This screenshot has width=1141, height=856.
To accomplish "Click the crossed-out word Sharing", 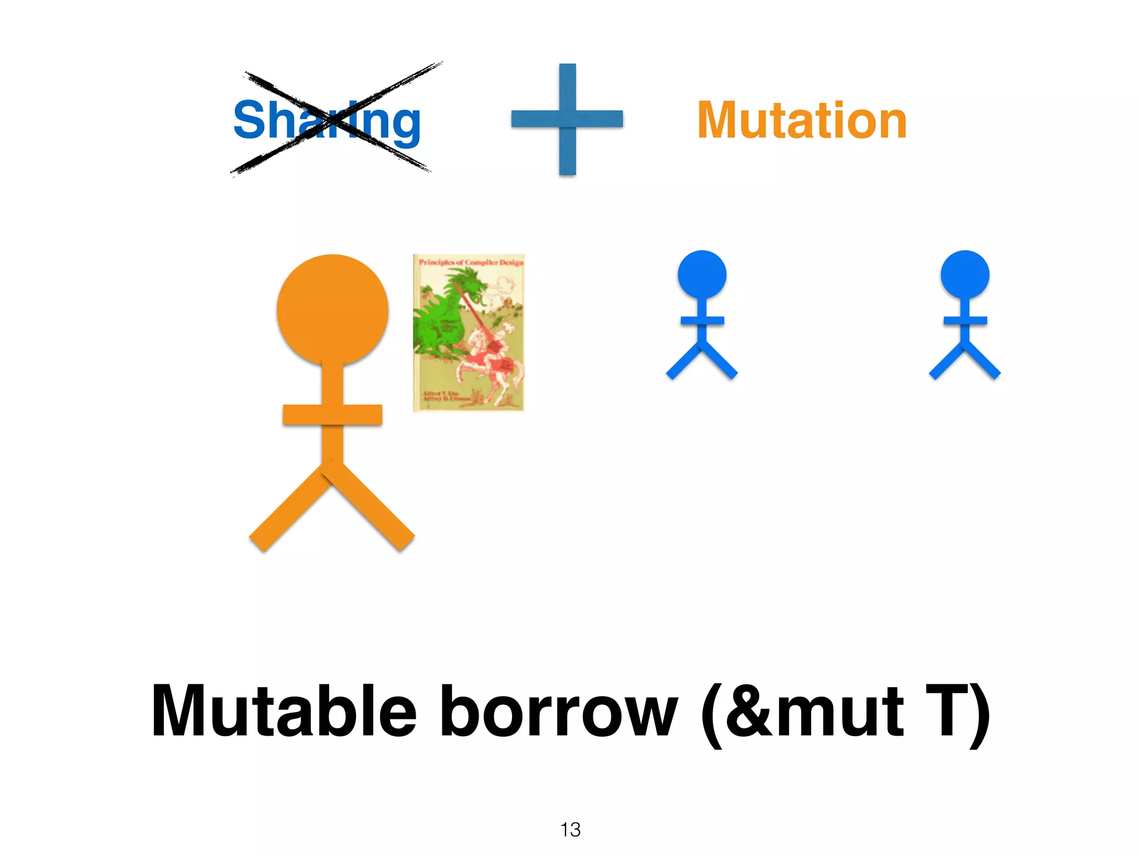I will coord(327,120).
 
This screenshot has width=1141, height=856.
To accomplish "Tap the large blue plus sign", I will coord(567,119).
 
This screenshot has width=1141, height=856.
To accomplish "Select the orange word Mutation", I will coord(802,120).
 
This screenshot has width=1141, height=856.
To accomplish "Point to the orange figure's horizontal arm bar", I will coord(333,415).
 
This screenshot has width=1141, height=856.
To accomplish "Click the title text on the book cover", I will coord(471,262).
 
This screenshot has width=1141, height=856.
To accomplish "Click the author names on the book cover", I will coord(443,396).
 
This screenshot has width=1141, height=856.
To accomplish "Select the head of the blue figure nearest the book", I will coord(702,274).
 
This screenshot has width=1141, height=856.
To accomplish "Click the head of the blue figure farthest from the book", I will coord(965,274).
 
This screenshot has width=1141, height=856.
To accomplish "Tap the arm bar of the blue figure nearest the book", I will coord(702,320).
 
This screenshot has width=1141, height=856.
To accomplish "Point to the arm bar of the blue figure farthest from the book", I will coord(965,320).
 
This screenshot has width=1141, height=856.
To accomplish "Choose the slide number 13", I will coord(570,829).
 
